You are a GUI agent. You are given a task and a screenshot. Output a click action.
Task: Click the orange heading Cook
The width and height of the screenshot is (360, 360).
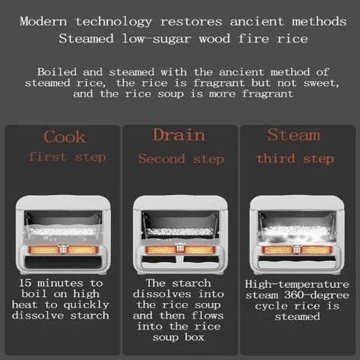point(64,136)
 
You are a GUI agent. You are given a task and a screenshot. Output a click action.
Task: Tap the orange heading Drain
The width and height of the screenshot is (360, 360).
point(179,135)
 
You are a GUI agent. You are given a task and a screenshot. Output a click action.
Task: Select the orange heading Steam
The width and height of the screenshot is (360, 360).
point(294,135)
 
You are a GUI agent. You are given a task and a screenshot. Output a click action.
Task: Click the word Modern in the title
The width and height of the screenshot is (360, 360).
point(43,21)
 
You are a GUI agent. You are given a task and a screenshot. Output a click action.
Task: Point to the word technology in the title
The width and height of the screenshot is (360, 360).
point(114,22)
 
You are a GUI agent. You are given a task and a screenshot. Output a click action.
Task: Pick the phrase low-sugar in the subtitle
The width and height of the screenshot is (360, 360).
point(157,39)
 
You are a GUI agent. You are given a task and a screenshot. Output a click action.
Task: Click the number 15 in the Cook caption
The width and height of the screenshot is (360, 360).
point(25,283)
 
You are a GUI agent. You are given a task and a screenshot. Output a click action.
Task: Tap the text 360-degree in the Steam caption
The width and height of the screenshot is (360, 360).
point(316,295)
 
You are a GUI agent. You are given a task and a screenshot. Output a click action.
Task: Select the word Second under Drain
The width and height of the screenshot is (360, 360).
point(161,158)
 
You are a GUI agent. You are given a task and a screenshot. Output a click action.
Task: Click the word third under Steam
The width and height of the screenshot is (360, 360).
point(276,158)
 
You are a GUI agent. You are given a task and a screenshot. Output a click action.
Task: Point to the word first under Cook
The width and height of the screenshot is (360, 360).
point(48,157)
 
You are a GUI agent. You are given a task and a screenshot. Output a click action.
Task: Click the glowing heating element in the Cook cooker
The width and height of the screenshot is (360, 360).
point(63,250)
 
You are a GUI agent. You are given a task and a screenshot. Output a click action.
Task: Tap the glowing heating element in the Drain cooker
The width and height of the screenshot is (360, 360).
point(180,250)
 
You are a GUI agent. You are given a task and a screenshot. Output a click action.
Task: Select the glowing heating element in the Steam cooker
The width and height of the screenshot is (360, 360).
point(297,250)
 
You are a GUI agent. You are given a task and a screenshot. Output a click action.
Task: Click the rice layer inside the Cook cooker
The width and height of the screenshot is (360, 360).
point(63,232)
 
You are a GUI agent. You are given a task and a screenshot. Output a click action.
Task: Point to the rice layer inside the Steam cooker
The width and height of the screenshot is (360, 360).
point(297,230)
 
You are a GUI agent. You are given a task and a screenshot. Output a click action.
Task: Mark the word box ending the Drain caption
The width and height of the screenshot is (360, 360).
point(194,337)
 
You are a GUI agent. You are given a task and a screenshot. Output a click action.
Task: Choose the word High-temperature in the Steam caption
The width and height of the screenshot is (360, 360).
point(297,284)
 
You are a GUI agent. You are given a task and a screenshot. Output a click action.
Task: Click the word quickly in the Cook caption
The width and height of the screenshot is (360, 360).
point(86,305)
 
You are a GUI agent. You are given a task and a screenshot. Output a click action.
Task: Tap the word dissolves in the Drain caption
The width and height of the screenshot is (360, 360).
point(162,294)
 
